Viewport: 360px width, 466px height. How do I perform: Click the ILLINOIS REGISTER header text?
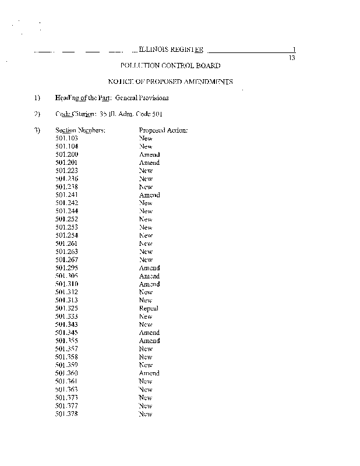coord(171,50)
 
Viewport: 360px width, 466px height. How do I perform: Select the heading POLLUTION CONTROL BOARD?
coord(170,66)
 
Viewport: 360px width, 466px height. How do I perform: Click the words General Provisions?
coord(142,98)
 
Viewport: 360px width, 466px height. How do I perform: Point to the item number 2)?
coord(37,114)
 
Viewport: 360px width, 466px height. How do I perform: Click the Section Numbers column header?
coord(80,130)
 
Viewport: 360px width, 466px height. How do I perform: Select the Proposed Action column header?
coord(163,130)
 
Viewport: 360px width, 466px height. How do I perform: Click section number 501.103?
coord(66,139)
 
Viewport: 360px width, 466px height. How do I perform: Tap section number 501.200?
coord(66,155)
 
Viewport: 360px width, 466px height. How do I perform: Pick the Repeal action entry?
coord(149,308)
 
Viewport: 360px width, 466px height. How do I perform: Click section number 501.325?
coord(66,308)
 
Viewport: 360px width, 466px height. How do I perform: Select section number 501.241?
coord(66,195)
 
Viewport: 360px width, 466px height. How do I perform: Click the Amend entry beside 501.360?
coord(149,373)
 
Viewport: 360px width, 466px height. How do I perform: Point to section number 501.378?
coord(66,414)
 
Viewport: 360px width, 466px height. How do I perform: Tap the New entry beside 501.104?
coord(146,147)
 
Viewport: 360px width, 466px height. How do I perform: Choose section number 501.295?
coord(66,268)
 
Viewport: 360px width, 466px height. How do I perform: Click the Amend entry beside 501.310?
coord(149,284)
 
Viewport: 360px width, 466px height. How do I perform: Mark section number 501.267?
coord(66,260)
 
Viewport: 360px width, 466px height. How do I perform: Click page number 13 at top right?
coord(292,58)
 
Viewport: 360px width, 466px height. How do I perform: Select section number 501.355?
coord(66,341)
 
